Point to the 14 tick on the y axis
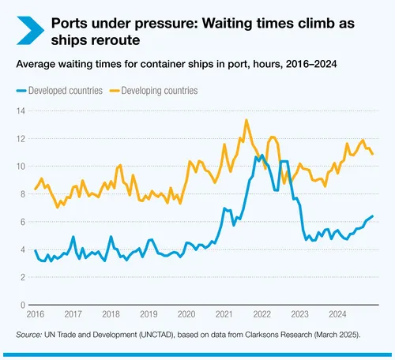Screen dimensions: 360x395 pyautogui.click(x=21, y=111)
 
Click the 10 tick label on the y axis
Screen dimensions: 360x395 pyautogui.click(x=21, y=166)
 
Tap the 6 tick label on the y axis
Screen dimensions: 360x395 pyautogui.click(x=23, y=221)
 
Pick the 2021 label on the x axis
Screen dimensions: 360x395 pyautogui.click(x=226, y=313)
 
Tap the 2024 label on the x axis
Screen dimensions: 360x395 pyautogui.click(x=337, y=313)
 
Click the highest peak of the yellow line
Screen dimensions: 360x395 pyautogui.click(x=246, y=120)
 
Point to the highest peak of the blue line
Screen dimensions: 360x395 pyautogui.click(x=261, y=156)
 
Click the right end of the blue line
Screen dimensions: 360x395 pyautogui.click(x=373, y=216)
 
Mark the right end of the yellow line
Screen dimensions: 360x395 pyautogui.click(x=373, y=154)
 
